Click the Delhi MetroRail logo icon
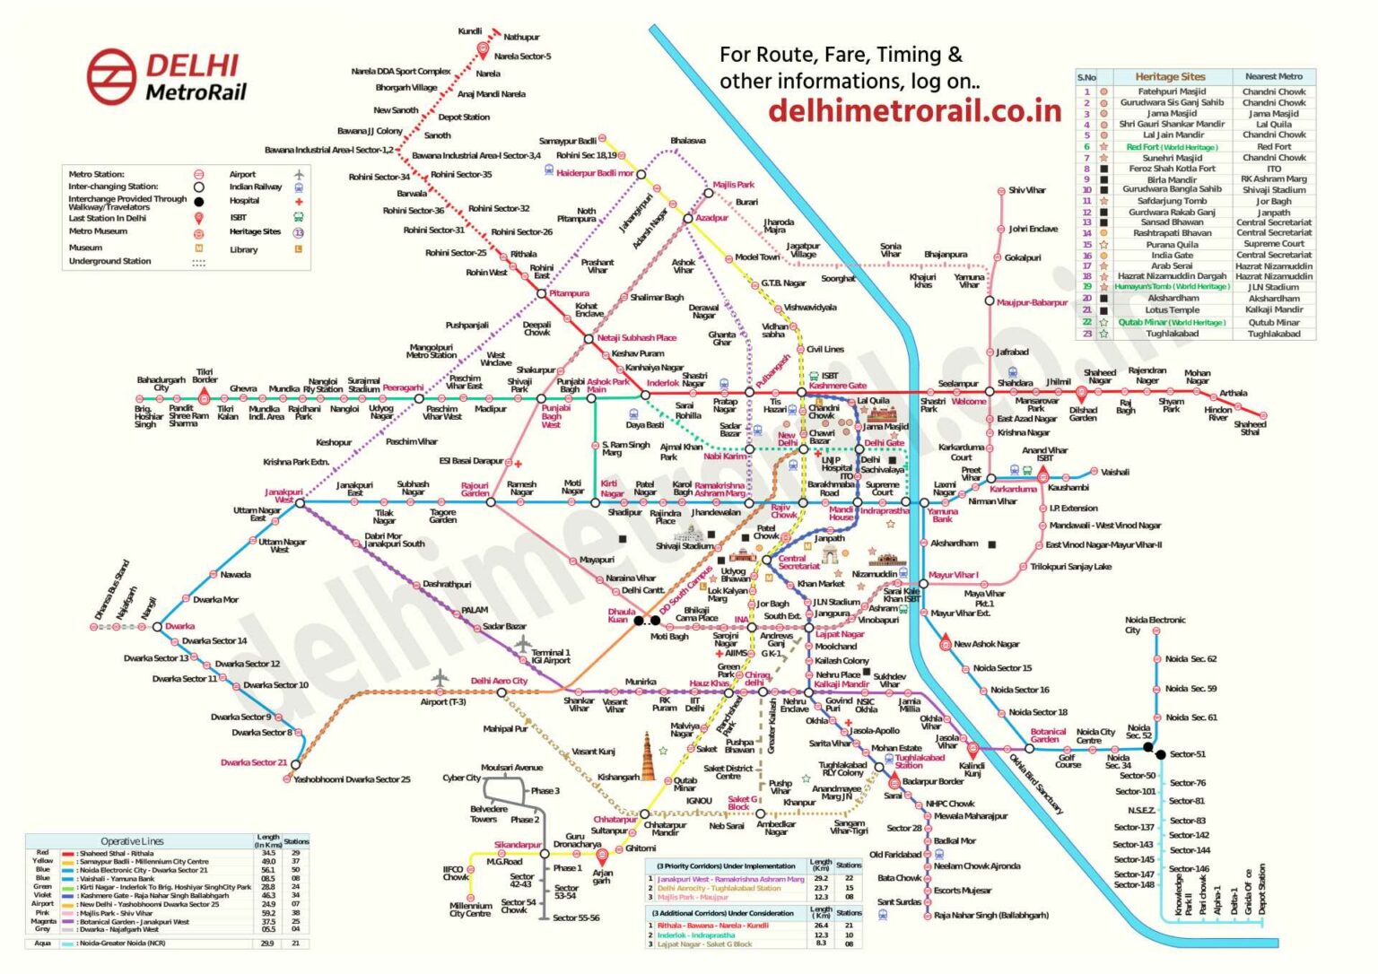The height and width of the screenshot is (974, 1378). tap(111, 74)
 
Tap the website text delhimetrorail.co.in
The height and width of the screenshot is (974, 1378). tap(914, 110)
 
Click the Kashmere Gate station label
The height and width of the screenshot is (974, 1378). tap(838, 386)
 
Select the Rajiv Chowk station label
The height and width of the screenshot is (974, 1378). tap(782, 511)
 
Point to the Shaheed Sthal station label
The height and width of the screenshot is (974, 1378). tap(1249, 428)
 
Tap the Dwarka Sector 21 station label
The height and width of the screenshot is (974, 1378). tap(254, 762)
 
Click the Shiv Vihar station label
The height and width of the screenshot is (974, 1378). tap(1026, 190)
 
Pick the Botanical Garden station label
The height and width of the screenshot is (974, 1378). tap(1047, 736)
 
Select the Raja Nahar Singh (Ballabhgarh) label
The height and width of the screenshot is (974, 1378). tap(990, 916)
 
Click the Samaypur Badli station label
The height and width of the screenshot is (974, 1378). tap(567, 141)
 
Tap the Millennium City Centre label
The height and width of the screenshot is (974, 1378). tap(470, 909)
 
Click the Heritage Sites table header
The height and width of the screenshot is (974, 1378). tap(1170, 77)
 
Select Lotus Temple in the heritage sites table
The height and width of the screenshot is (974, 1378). tap(1172, 310)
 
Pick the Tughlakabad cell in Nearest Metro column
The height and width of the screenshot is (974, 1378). tap(1273, 334)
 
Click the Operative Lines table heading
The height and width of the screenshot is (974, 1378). tap(132, 841)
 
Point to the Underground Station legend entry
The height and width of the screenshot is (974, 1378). tap(109, 262)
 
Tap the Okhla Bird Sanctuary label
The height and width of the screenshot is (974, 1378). tap(1035, 784)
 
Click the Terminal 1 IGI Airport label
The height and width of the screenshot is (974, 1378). tap(550, 657)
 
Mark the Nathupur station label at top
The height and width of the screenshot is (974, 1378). tap(521, 38)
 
